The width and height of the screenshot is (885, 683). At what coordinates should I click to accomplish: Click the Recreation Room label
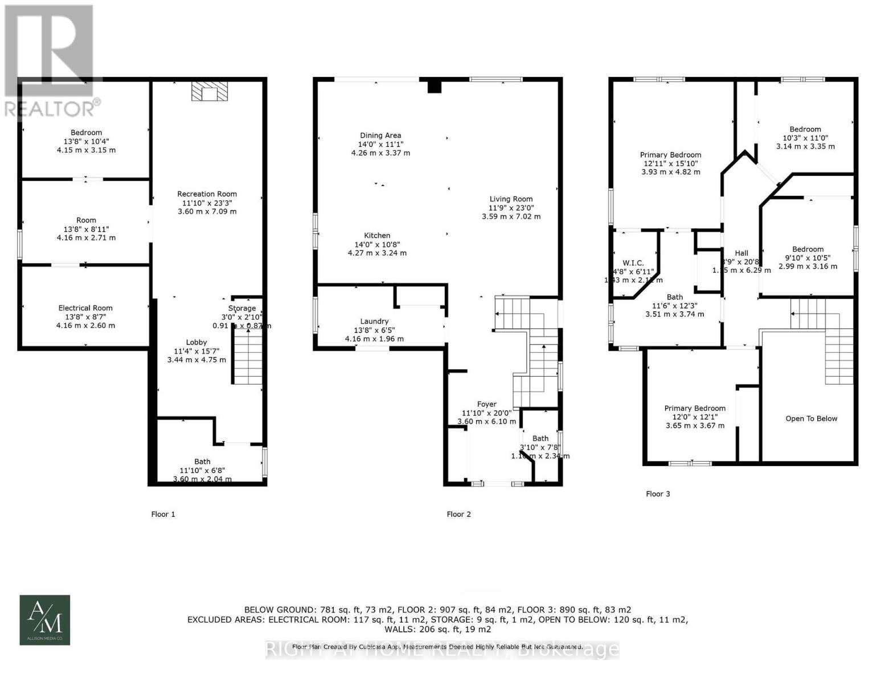click(207, 194)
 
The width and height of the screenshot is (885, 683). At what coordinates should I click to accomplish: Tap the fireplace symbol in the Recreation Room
click(209, 92)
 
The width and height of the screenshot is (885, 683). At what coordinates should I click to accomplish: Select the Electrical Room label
click(85, 308)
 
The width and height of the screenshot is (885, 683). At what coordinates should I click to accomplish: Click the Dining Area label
click(380, 135)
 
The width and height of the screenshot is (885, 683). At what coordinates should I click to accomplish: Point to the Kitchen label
click(377, 236)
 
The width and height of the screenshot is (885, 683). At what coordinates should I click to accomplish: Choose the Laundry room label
click(374, 322)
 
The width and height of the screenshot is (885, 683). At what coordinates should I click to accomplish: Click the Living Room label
click(511, 199)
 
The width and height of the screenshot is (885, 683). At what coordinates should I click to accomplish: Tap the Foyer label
click(486, 404)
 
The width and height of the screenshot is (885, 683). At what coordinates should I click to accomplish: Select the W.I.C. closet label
click(633, 263)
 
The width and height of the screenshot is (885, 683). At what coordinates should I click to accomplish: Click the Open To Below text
click(811, 418)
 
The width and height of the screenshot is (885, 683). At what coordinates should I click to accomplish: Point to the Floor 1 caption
click(163, 515)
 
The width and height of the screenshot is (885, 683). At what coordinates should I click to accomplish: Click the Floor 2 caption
click(458, 515)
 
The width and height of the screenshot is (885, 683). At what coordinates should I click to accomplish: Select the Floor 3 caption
click(658, 494)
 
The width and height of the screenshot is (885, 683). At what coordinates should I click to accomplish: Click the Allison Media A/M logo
click(45, 620)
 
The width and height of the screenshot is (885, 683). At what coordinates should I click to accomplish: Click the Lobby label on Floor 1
click(196, 342)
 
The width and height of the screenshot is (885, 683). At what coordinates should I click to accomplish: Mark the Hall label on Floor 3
click(741, 253)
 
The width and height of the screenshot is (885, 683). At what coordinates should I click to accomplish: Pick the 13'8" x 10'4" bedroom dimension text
click(86, 141)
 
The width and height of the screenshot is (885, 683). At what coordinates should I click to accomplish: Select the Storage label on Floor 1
click(242, 308)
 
